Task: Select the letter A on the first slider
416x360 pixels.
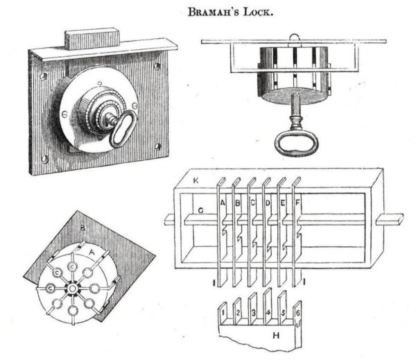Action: pyautogui.click(x=223, y=203)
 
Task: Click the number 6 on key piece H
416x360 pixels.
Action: pyautogui.click(x=297, y=314)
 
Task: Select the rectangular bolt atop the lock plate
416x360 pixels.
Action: pyautogui.click(x=90, y=39)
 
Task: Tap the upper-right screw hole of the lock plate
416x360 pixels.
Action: pyautogui.click(x=157, y=67)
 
